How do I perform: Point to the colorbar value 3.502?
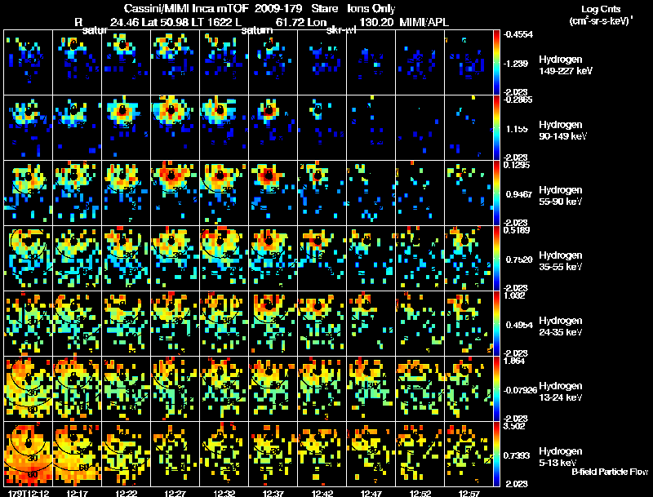pyautogui.click(x=517, y=425)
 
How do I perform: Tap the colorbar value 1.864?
pyautogui.click(x=517, y=360)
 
